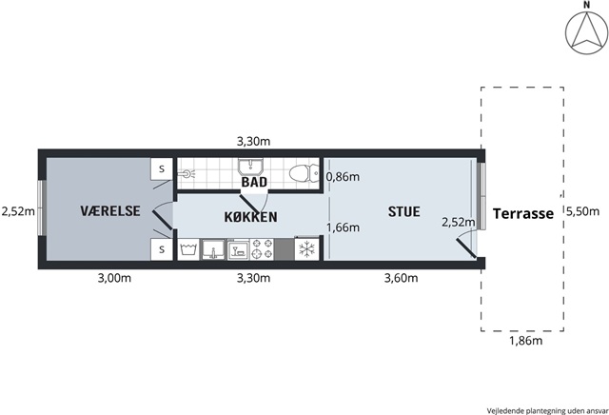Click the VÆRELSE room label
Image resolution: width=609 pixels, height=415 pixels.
[x=110, y=211]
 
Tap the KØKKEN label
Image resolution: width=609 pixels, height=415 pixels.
[x=251, y=217]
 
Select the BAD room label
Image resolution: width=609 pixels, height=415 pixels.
[x=254, y=182]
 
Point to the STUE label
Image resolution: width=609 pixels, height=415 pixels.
[x=403, y=211]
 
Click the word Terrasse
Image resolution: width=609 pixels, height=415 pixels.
[x=523, y=214]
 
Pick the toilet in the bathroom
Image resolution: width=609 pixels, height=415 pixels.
[x=304, y=173]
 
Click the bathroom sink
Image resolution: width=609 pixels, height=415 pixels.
[x=250, y=168]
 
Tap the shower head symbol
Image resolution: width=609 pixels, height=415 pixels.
[x=187, y=173]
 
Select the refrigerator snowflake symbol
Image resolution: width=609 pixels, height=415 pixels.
[x=306, y=249]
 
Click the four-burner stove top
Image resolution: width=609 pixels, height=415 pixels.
[x=262, y=249]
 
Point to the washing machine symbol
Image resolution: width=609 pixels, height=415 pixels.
[x=188, y=249]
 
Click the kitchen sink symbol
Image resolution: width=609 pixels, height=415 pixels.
[x=213, y=249]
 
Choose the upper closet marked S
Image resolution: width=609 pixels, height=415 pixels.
[x=162, y=169]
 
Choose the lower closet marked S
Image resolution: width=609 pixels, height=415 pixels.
[x=162, y=249]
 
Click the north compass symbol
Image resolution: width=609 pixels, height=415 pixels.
[x=586, y=32]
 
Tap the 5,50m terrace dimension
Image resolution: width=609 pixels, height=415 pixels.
[x=582, y=211]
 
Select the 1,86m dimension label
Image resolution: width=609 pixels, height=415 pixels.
[x=525, y=341]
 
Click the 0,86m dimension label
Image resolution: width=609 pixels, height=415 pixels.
[x=343, y=177]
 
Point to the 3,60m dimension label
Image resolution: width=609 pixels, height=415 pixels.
[x=401, y=278]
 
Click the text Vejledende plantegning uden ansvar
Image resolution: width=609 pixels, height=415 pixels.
[x=548, y=411]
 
